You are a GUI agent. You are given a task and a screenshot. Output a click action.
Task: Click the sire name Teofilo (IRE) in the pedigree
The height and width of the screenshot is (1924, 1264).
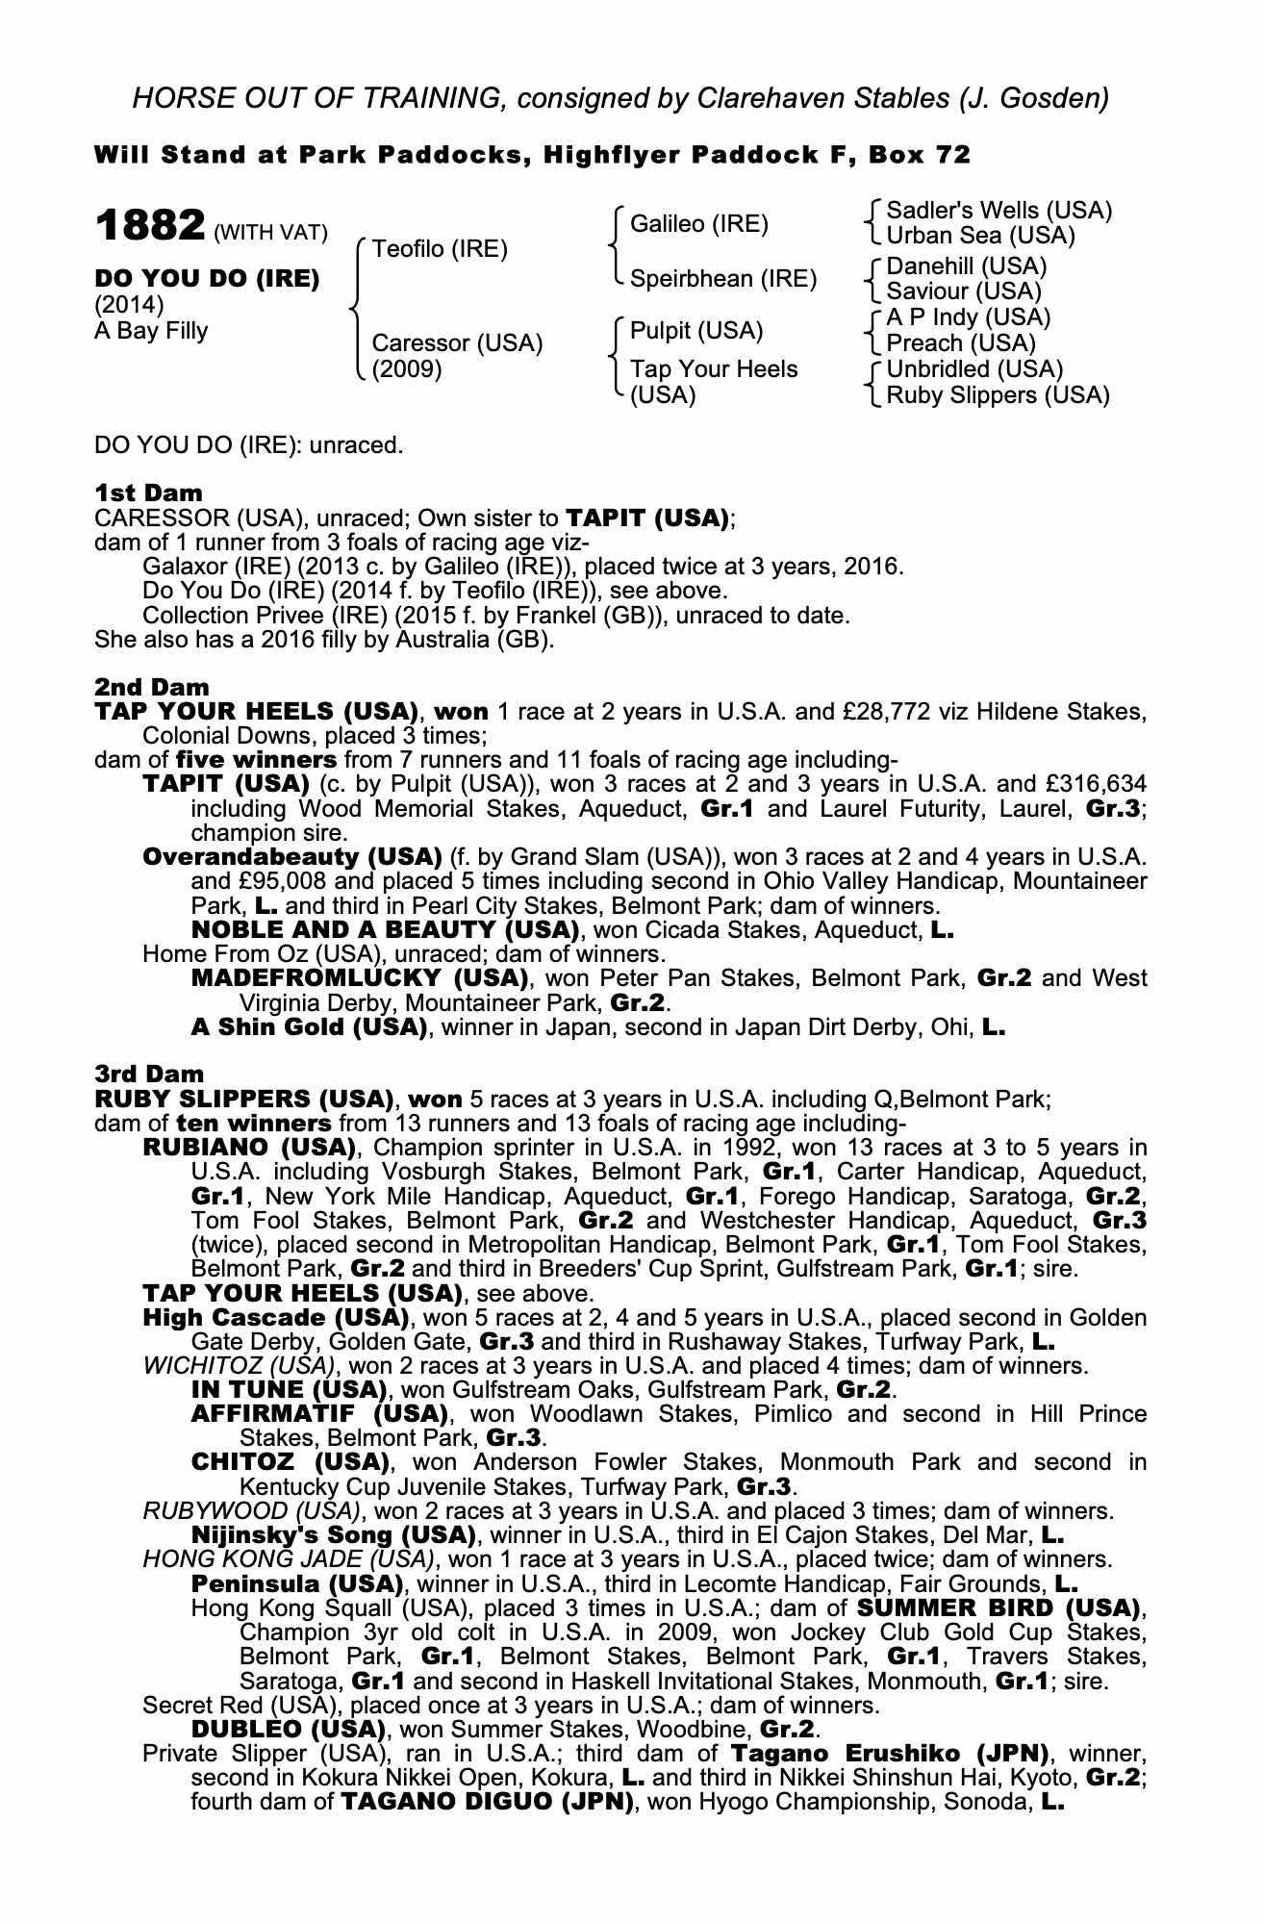pyautogui.click(x=439, y=249)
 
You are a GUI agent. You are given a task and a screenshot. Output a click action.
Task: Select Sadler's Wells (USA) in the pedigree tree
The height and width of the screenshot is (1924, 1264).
pyautogui.click(x=999, y=211)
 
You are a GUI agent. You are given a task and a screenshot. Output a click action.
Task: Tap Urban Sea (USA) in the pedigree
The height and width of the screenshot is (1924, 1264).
pyautogui.click(x=980, y=236)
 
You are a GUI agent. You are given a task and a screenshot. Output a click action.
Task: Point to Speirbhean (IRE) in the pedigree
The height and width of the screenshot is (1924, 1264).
pyautogui.click(x=722, y=279)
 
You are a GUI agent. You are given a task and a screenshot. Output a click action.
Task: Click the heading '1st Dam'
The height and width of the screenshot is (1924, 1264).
pyautogui.click(x=148, y=494)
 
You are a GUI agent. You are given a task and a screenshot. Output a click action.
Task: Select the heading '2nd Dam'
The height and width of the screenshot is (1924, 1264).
pyautogui.click(x=151, y=687)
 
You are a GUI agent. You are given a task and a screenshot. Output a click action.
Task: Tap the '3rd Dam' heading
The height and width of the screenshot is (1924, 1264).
pyautogui.click(x=150, y=1074)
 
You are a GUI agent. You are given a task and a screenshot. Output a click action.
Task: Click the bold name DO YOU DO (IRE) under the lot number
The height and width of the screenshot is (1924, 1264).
pyautogui.click(x=207, y=279)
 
